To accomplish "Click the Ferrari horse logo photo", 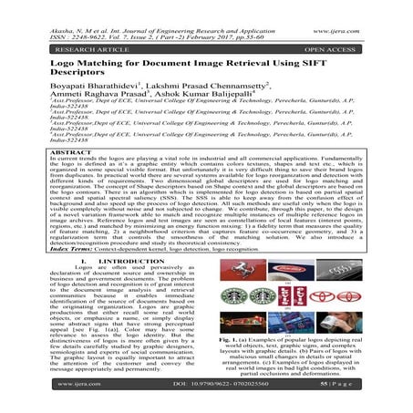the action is pyautogui.click(x=240, y=271).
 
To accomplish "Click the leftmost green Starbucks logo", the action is pyautogui.click(x=232, y=294).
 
